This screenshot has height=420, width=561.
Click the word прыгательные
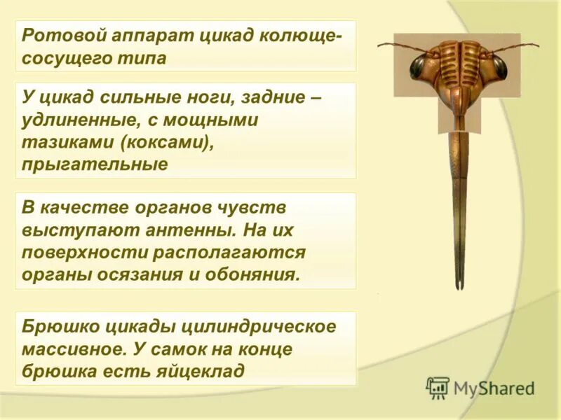click(95, 165)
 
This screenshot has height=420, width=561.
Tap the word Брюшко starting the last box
click(58, 326)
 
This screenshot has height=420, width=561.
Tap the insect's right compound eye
click(499, 67)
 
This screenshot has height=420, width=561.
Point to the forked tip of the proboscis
click(459, 283)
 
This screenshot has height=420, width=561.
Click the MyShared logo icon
click(438, 388)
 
